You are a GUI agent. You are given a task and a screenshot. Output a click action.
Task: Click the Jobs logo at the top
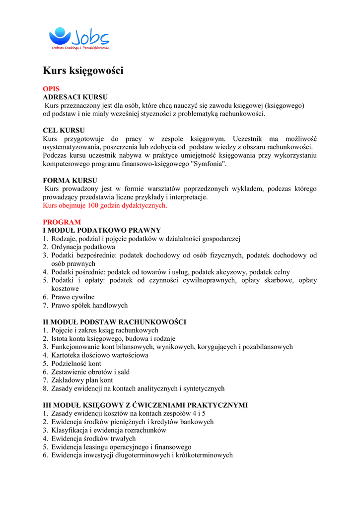pos(79,38)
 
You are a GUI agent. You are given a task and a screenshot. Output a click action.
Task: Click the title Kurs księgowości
pos(83,71)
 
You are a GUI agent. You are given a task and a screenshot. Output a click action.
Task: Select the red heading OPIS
pos(51,89)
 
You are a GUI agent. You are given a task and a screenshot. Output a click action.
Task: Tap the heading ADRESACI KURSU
pos(75,97)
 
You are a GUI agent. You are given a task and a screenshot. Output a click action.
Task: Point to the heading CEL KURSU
pos(64,130)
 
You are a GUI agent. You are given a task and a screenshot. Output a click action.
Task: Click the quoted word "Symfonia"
pos(210,164)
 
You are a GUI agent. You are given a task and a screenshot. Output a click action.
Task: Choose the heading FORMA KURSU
pos(70,181)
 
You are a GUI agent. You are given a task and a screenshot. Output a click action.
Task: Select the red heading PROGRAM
pos(62,222)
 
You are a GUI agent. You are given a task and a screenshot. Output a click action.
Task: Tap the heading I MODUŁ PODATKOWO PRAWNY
pos(102,230)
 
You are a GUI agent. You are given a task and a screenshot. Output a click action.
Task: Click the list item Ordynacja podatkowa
pos(83,247)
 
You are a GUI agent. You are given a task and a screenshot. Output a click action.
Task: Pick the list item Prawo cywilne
pos(72,297)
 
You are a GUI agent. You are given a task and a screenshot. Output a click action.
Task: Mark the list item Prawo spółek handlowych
pos(89,305)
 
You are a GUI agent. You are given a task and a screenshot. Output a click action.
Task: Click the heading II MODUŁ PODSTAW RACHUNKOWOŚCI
pos(115,322)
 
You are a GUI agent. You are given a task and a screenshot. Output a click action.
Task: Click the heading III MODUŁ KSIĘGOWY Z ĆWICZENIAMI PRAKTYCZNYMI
pos(145,405)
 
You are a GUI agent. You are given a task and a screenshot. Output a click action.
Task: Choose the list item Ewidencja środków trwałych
pos(93,439)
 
